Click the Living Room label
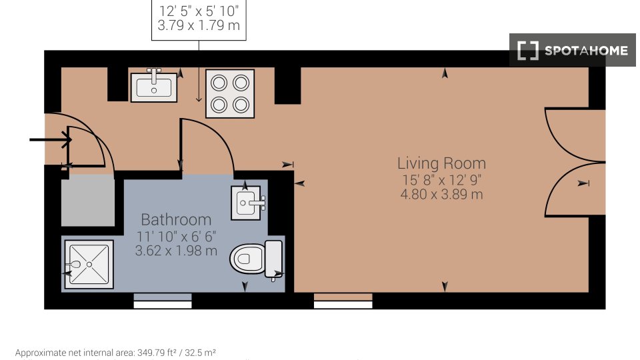[x=441, y=163]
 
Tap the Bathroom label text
[x=176, y=220]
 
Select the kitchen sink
[x=154, y=87]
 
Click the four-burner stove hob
[x=230, y=93]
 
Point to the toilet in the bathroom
[x=256, y=259]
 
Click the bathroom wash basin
[x=246, y=203]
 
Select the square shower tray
[x=89, y=265]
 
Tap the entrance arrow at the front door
[x=51, y=140]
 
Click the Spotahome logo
[x=572, y=50]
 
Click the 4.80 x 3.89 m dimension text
[x=441, y=194]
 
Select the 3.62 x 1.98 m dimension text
[x=176, y=251]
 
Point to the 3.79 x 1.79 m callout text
[x=199, y=25]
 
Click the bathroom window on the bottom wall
[x=163, y=301]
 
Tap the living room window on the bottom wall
[x=343, y=301]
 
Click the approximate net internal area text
[x=115, y=353]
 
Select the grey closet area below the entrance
[x=88, y=201]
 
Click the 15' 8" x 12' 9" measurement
[x=441, y=179]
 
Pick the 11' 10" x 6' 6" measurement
[x=176, y=236]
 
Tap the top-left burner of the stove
[x=219, y=83]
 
